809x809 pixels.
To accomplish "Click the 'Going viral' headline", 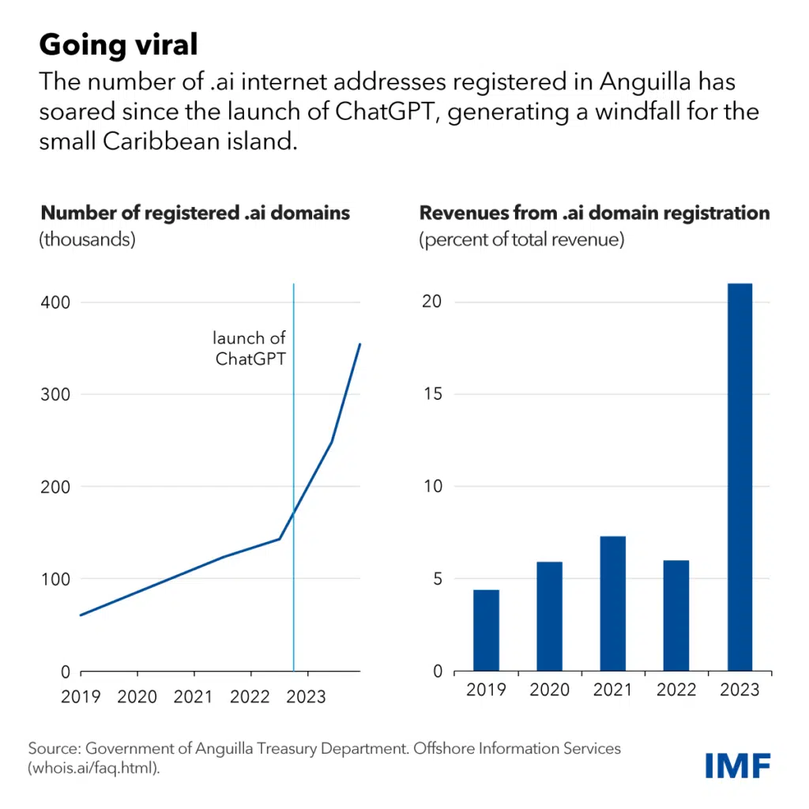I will (119, 45).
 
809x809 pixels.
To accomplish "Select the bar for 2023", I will (739, 477).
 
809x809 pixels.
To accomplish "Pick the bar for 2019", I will (486, 630).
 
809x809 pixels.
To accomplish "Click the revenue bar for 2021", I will (612, 604).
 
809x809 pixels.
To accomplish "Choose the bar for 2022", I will (676, 615).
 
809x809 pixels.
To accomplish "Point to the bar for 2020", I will (549, 616).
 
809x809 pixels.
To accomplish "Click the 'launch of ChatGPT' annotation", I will (249, 348).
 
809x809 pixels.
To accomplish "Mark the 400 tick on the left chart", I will (54, 303).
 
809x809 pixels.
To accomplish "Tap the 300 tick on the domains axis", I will (54, 394).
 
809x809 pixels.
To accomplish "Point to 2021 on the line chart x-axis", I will (194, 696).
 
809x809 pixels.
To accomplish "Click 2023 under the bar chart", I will (739, 690).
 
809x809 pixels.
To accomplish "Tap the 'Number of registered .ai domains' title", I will (195, 213).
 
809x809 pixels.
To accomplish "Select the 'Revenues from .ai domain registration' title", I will (594, 213).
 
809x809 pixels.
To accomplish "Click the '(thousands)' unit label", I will (88, 239).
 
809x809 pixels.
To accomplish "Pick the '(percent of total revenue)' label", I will (521, 239).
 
